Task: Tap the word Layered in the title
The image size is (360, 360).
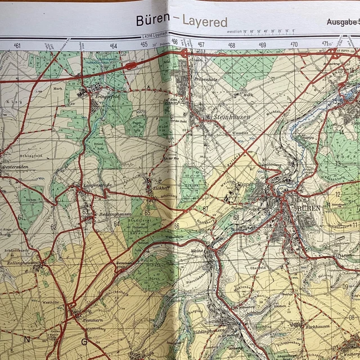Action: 205,22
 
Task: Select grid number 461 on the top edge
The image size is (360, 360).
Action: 17,46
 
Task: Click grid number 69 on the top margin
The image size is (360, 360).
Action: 262,45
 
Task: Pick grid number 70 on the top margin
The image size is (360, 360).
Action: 294,45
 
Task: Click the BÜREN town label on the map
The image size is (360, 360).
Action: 308,208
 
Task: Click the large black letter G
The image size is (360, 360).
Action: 84,341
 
